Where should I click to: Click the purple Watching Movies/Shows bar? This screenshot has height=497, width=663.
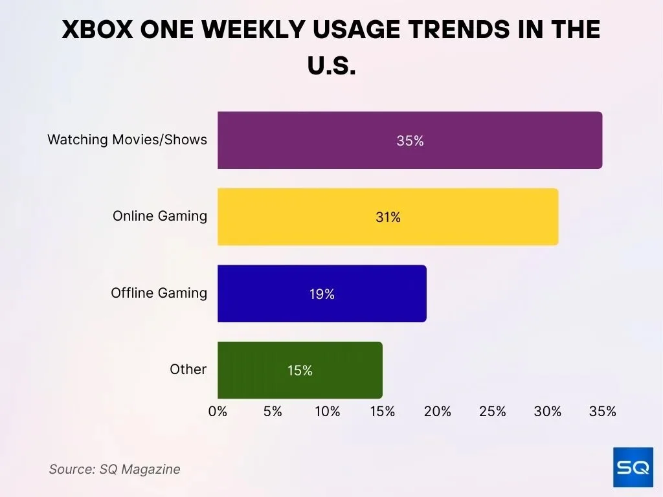click(409, 140)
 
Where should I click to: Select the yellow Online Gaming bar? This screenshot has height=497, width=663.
click(387, 217)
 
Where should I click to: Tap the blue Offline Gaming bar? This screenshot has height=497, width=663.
click(322, 294)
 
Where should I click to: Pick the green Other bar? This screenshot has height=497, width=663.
click(300, 370)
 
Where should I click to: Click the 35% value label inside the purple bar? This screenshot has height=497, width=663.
click(410, 140)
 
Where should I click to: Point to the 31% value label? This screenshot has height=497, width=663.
click(388, 217)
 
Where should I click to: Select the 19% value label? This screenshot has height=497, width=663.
click(322, 294)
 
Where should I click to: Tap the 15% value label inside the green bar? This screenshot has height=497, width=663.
click(300, 371)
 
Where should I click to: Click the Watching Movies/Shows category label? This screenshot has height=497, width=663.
click(127, 139)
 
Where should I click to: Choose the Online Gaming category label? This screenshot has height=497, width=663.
click(159, 216)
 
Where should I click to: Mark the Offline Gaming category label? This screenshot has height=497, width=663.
click(159, 293)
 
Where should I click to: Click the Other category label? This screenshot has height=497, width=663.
click(188, 370)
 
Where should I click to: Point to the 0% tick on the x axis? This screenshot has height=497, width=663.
click(218, 412)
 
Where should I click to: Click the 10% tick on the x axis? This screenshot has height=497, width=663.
click(328, 412)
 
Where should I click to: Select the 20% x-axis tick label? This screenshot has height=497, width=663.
click(438, 412)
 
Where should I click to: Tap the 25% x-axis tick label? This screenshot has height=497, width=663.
click(493, 412)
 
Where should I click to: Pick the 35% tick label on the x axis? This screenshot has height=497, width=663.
click(602, 412)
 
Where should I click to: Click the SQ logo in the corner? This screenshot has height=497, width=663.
click(633, 467)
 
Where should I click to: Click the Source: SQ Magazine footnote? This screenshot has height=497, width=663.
click(115, 469)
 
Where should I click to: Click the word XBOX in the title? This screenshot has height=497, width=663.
click(101, 30)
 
